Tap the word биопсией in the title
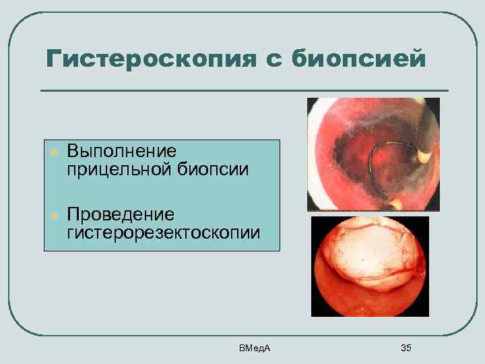[359, 59]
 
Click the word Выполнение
[121, 150]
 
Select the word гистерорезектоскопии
[162, 233]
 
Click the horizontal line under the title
[244, 90]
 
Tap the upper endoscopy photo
[373, 154]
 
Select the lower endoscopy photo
[370, 266]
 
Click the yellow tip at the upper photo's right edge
[424, 156]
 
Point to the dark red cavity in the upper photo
[357, 158]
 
